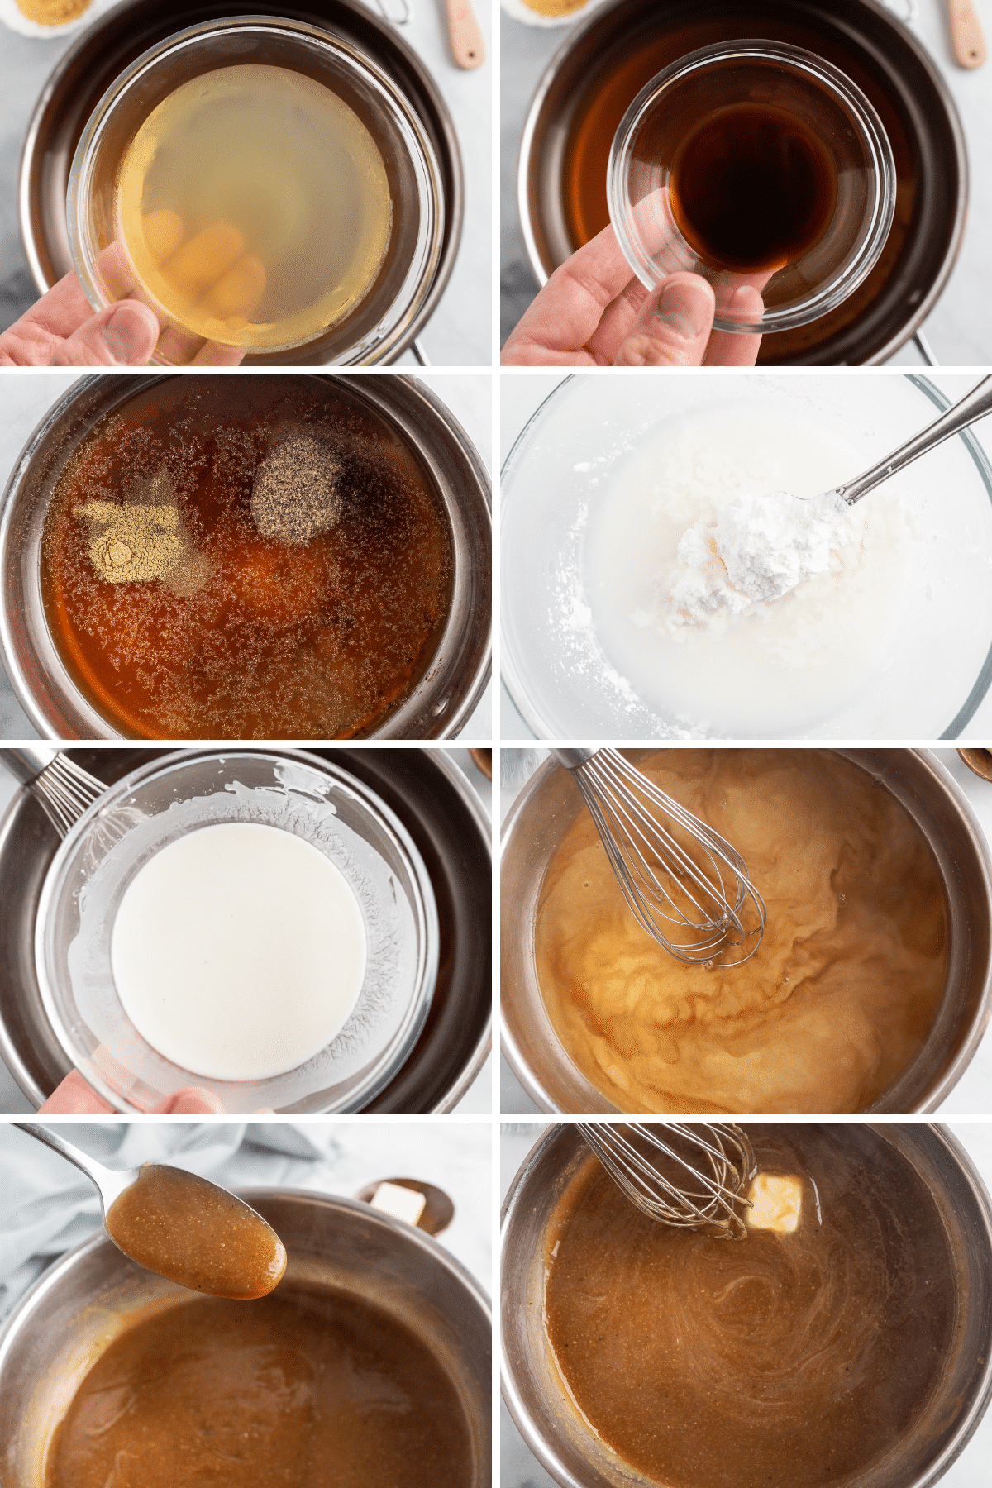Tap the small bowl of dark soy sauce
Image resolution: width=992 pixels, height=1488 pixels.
click(752, 190)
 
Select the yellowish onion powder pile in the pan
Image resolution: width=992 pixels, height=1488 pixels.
click(132, 537)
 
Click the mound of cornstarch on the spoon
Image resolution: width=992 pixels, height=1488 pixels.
click(761, 546)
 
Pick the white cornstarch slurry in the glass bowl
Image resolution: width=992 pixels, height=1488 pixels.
click(240, 951)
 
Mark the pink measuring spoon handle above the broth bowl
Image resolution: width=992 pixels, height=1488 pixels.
click(465, 33)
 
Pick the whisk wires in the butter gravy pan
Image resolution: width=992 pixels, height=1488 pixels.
click(670, 1174)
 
